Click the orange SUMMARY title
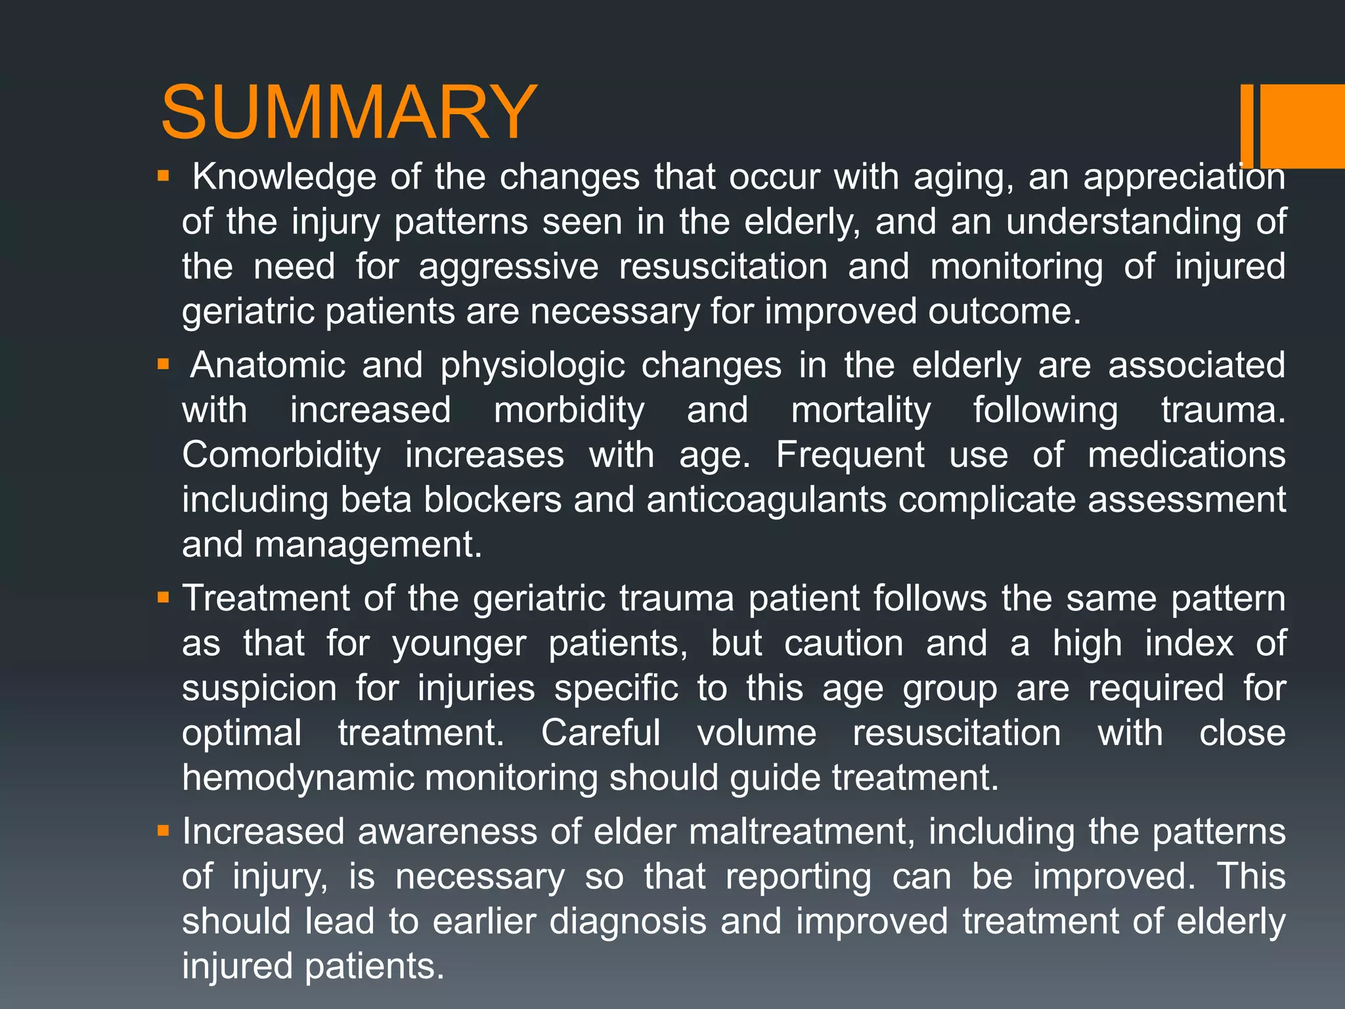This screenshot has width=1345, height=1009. pyautogui.click(x=349, y=112)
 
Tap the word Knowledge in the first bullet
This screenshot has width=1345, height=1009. pyautogui.click(x=284, y=177)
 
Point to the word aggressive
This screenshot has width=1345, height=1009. pyautogui.click(x=508, y=267)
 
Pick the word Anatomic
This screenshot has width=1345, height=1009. pyautogui.click(x=267, y=365)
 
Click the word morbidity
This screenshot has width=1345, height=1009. pyautogui.click(x=569, y=411)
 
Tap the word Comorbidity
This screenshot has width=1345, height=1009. pyautogui.click(x=281, y=455)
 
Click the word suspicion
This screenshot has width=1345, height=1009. pyautogui.click(x=259, y=688)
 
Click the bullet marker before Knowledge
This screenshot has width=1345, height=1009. pyautogui.click(x=164, y=177)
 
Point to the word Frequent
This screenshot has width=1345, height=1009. pyautogui.click(x=850, y=455)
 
